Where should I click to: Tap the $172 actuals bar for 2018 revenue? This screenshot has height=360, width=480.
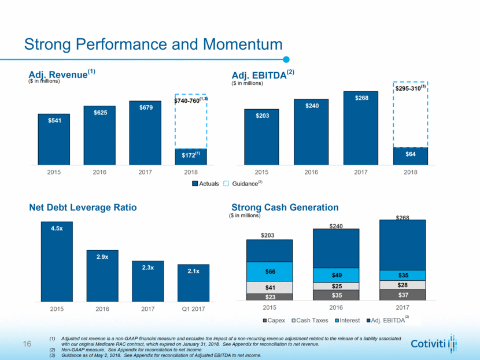pyautogui.click(x=191, y=155)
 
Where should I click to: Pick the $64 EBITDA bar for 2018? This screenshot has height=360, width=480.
pyautogui.click(x=410, y=155)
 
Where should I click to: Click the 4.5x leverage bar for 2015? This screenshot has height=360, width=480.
pyautogui.click(x=57, y=261)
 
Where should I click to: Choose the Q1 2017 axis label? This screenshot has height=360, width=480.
pyautogui.click(x=193, y=309)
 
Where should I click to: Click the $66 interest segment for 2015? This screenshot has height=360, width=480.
pyautogui.click(x=269, y=271)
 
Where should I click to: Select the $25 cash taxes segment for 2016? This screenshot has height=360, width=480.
pyautogui.click(x=336, y=286)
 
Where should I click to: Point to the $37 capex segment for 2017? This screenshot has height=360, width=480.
pyautogui.click(x=403, y=295)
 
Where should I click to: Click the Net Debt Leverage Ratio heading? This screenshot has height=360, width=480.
pyautogui.click(x=83, y=207)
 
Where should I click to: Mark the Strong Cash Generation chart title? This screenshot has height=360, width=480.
pyautogui.click(x=285, y=207)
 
